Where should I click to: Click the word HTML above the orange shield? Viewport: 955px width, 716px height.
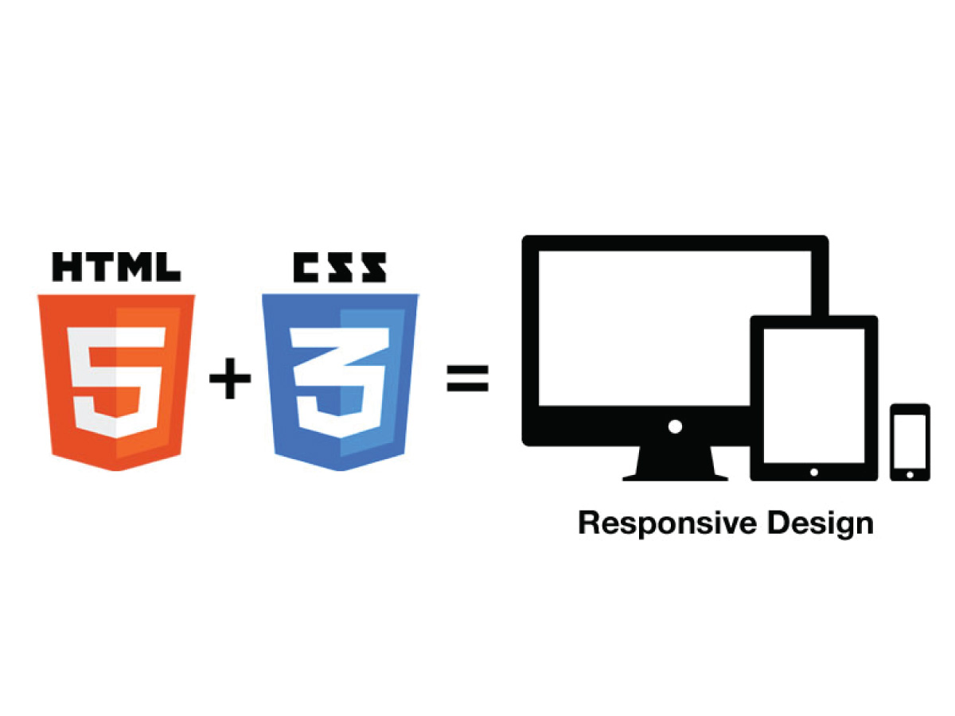pos(116,267)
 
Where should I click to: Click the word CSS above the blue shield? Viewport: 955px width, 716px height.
pos(340,267)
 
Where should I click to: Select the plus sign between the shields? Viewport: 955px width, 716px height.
pos(229,380)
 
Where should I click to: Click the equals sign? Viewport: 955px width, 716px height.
pos(467,379)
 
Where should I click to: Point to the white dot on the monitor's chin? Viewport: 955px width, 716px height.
pos(675,426)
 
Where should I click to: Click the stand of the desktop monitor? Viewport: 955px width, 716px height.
pos(675,465)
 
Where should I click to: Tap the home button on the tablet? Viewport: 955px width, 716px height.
pos(813,472)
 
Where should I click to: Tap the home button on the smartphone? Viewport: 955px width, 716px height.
pos(910,475)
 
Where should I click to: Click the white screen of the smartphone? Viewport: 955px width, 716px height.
pos(910,441)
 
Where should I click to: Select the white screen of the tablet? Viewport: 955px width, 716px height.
pos(813,395)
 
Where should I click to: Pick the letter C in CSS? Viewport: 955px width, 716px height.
pos(307,267)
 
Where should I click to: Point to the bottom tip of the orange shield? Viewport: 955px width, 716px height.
pos(116,470)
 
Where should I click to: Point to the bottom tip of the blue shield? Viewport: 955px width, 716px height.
pos(340,470)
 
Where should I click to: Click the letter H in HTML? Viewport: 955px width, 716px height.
pos(67,267)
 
